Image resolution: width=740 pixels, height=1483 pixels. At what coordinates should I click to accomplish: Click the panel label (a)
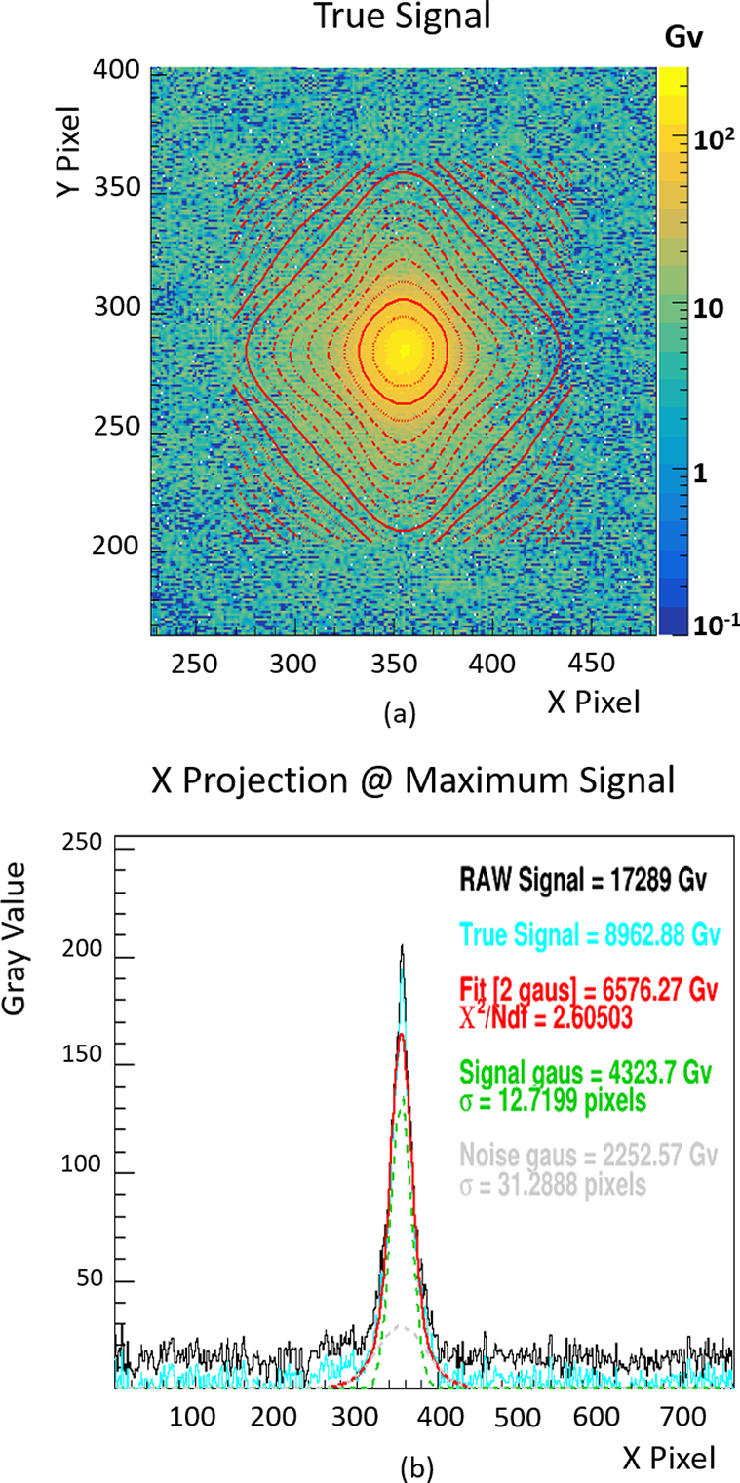pos(398,715)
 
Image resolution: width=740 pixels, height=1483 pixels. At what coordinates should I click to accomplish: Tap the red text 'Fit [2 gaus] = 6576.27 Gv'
pos(589,991)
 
